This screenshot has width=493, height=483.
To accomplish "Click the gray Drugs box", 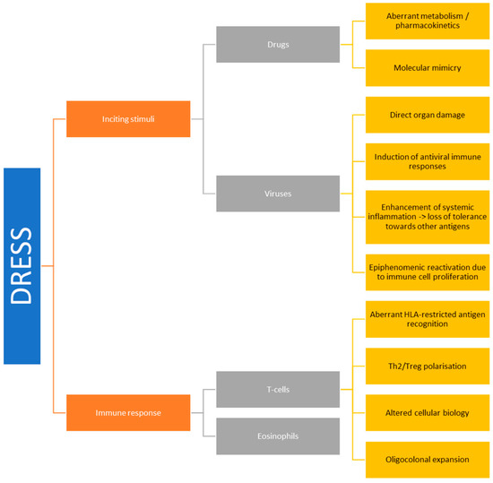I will point(278,44).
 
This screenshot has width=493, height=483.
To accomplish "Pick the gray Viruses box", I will point(278,193).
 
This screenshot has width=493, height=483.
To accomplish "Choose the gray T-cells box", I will point(278,389).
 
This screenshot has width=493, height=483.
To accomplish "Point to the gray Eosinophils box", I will point(278,436).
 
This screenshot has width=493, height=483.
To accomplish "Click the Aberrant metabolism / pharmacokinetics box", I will point(427,21).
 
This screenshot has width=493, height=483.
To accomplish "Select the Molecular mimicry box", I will point(427,67).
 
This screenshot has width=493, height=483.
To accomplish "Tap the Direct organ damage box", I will point(427,115).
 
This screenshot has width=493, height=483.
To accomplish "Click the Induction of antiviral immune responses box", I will point(427,162).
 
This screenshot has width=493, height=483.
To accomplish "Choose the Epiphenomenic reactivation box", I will point(427,271).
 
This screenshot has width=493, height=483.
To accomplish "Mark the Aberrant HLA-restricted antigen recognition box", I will point(427,318).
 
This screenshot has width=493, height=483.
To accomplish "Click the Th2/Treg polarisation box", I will point(427,366).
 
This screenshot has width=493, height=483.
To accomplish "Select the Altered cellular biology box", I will point(427,412).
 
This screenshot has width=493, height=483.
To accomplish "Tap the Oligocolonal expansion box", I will point(427,459).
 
